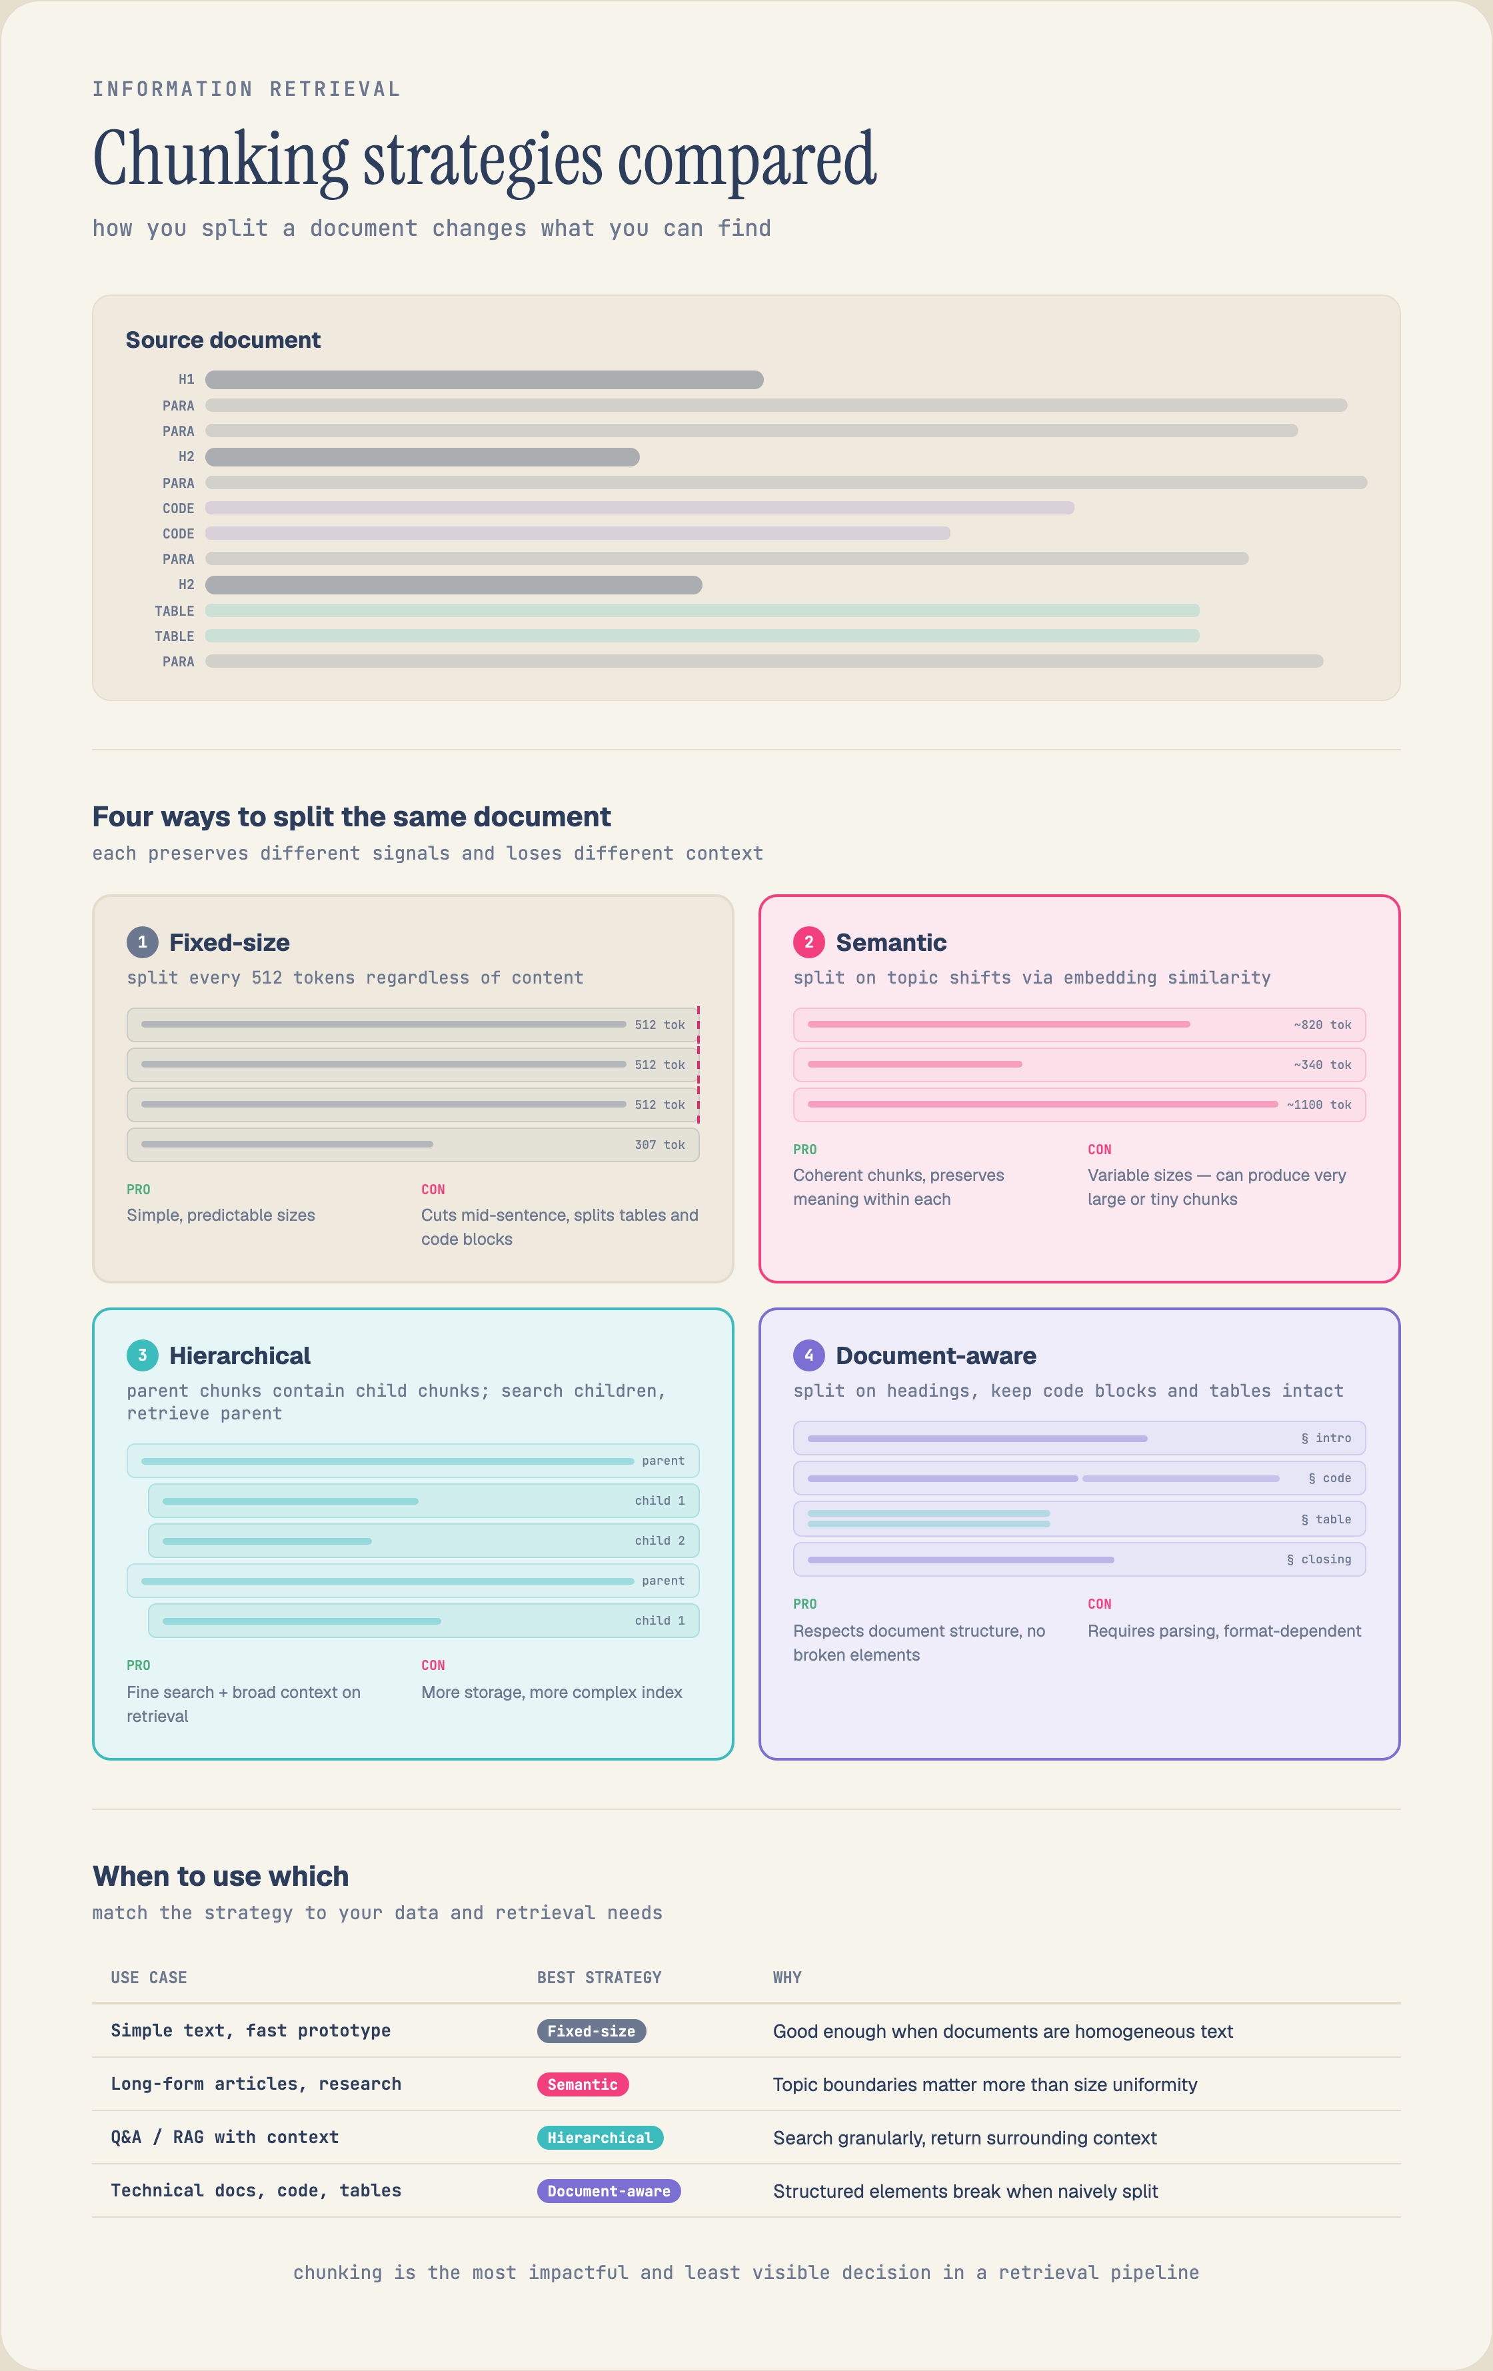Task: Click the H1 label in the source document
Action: point(186,379)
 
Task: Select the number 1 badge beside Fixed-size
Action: point(143,942)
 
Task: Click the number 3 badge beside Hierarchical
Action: point(143,1356)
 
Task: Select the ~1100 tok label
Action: point(1318,1105)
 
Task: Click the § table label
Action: point(1326,1520)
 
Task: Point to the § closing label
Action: point(1318,1559)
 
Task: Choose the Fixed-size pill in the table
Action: point(591,2031)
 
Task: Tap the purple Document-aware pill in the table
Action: point(609,2191)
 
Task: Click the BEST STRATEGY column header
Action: point(599,1977)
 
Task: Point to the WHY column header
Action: point(787,1977)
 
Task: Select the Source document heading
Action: point(223,340)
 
